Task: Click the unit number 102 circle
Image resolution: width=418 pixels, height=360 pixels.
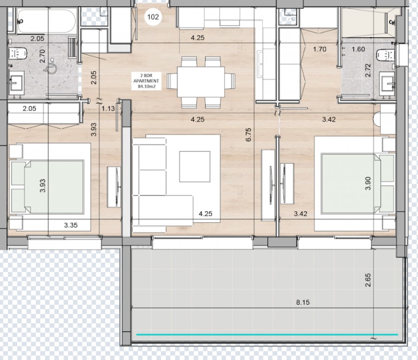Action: (x=153, y=17)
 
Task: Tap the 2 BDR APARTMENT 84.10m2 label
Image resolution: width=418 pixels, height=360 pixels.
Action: (x=146, y=81)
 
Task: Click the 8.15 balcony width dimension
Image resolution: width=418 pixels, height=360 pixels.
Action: (x=303, y=302)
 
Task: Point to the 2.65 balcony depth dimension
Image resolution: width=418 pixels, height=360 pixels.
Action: (x=368, y=280)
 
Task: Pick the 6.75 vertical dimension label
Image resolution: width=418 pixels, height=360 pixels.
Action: (x=248, y=135)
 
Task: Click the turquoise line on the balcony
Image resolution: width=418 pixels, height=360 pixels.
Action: (x=267, y=334)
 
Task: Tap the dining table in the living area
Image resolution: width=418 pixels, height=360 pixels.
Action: (x=201, y=82)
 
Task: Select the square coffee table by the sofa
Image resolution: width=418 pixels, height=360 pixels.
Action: (x=195, y=166)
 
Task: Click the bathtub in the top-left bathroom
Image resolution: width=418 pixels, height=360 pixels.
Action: (x=46, y=20)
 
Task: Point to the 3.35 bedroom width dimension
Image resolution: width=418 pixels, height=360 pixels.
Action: (x=71, y=225)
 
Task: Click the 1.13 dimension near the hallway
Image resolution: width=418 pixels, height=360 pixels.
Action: (x=108, y=109)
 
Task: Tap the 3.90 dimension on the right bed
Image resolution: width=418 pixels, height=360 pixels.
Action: (x=368, y=183)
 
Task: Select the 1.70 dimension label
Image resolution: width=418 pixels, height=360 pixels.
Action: (x=320, y=49)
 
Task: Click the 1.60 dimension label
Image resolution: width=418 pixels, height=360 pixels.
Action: (x=358, y=49)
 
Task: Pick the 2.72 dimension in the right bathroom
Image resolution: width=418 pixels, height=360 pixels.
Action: (x=368, y=70)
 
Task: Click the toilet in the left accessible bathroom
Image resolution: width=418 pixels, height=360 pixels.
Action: (x=17, y=53)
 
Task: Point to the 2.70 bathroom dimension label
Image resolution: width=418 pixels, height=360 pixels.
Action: (x=42, y=56)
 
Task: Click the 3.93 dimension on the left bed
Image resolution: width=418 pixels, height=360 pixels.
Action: (x=43, y=186)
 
